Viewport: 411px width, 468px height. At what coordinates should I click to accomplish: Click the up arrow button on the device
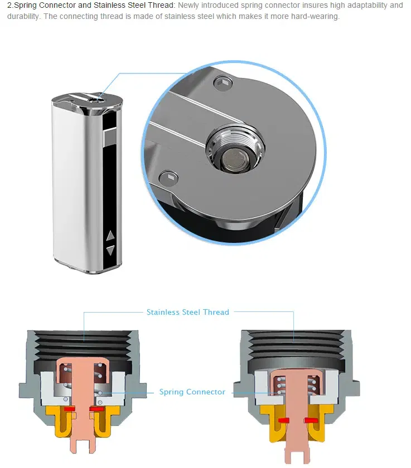tap(110, 236)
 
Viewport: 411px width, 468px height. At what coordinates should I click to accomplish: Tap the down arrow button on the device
tap(110, 250)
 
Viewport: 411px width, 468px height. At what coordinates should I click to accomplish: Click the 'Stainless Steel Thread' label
tap(187, 312)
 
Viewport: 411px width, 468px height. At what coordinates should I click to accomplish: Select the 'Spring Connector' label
tap(192, 392)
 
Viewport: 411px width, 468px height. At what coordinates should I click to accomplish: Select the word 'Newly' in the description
tap(188, 6)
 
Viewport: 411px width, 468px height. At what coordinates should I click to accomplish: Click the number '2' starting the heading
tap(9, 6)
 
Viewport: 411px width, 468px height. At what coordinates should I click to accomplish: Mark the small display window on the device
tap(110, 134)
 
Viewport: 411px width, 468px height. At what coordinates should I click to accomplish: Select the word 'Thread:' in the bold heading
tap(161, 6)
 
